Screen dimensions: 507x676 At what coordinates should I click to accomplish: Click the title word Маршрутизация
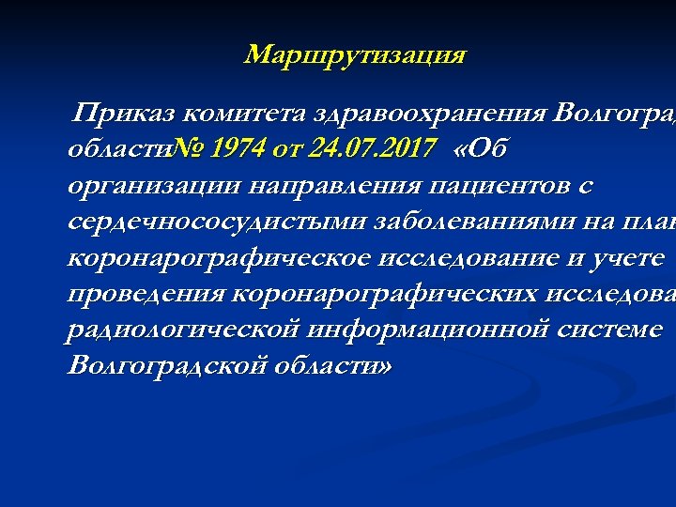(x=354, y=55)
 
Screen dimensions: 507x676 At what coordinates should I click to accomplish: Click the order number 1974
(x=239, y=148)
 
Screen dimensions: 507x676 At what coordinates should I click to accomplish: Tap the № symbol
(x=191, y=148)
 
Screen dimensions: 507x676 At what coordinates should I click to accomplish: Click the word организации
(x=154, y=186)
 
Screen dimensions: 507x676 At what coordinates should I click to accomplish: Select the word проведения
(x=146, y=294)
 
